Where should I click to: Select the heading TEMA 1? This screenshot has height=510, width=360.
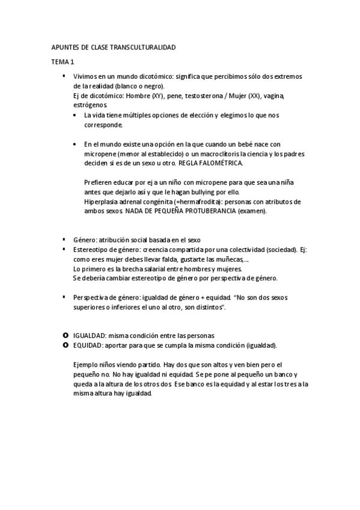point(62,61)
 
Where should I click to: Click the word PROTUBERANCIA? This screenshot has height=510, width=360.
point(209,211)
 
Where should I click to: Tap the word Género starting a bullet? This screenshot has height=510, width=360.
point(84,239)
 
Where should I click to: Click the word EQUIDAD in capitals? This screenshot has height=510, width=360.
point(89,345)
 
